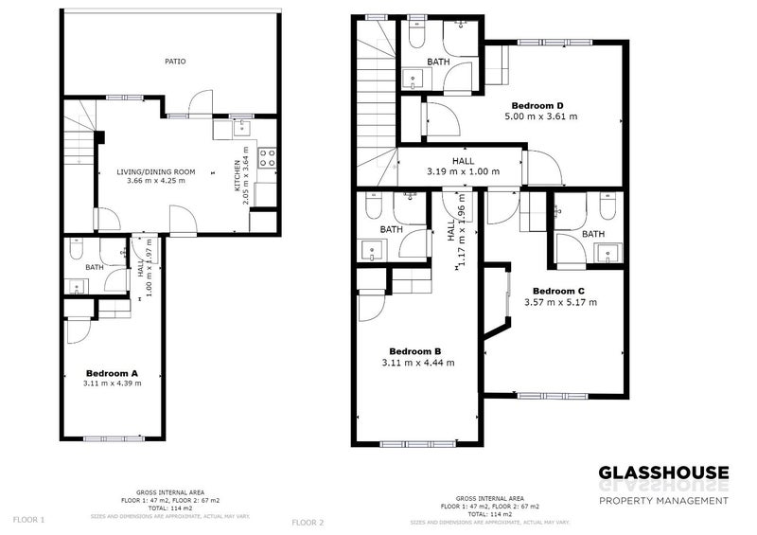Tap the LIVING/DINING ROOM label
156,171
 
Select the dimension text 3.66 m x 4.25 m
156,181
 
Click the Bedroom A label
113,373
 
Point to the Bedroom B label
417,350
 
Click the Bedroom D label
538,105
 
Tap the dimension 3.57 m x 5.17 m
561,302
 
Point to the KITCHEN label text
238,175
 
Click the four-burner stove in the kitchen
268,156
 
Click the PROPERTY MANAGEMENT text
663,500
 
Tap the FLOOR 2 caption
308,522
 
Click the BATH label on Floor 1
94,267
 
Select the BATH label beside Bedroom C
593,234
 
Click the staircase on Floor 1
79,142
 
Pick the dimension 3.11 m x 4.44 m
417,362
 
